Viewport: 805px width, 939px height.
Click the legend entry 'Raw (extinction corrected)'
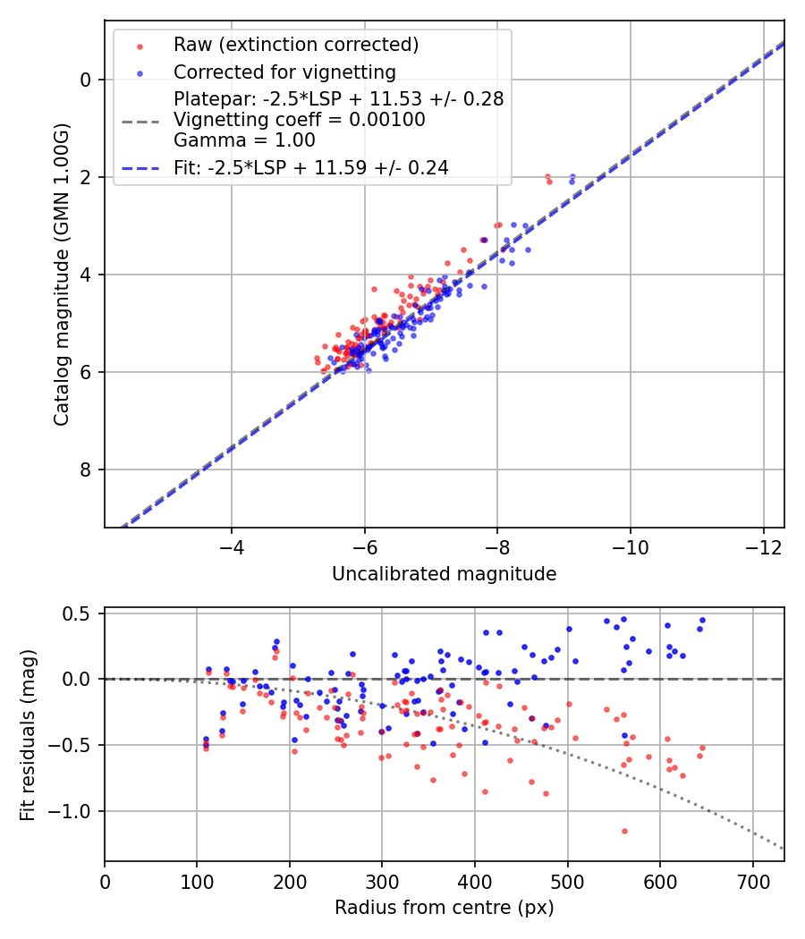click(296, 45)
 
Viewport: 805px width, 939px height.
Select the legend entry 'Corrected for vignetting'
click(284, 72)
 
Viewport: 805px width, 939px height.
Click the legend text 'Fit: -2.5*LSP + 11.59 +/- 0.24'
click(311, 167)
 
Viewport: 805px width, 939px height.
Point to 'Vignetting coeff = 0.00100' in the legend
click(300, 120)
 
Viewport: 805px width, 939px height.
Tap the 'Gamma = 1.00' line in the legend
click(244, 140)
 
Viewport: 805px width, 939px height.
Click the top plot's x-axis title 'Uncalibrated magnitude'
click(444, 574)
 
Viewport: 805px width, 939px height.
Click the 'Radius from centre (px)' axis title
click(444, 908)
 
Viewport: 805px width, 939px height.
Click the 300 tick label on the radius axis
click(382, 880)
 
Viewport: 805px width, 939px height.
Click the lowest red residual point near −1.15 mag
click(624, 831)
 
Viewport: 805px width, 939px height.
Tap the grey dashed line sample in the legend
click(140, 120)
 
